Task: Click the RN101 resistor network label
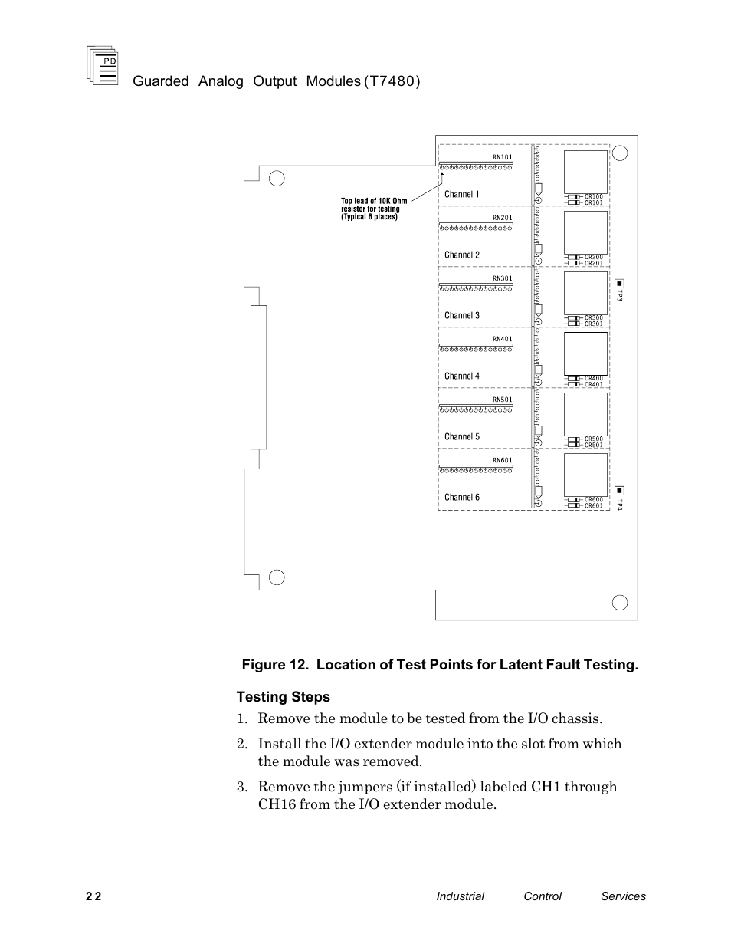tap(502, 157)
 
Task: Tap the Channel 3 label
tap(462, 315)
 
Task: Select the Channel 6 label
tap(462, 497)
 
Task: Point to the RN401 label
tap(502, 339)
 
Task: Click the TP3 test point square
tap(619, 284)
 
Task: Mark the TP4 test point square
tap(619, 491)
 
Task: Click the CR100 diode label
tap(594, 196)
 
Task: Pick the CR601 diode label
tap(594, 506)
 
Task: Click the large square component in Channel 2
tap(585, 232)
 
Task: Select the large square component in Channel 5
tap(585, 413)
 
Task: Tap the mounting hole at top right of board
tap(620, 153)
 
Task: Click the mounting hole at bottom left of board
tap(277, 577)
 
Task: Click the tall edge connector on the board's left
tap(258, 376)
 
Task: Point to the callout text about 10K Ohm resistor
tap(373, 209)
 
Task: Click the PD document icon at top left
tap(103, 65)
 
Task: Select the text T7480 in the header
tap(392, 81)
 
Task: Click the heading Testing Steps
tap(283, 697)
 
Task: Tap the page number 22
tap(93, 896)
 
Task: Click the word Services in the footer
tap(623, 896)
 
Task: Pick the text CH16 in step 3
tap(277, 804)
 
